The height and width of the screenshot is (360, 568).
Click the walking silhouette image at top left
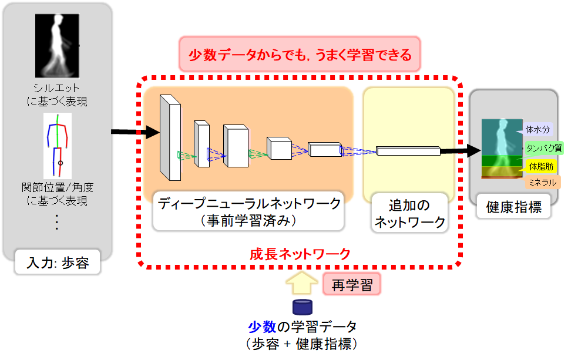(x=56, y=45)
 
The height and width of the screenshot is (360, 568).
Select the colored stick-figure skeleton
(x=56, y=146)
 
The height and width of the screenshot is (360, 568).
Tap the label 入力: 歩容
(x=58, y=263)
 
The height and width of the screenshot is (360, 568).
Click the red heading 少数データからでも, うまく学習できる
(x=300, y=55)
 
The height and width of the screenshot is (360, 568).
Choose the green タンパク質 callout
(x=544, y=148)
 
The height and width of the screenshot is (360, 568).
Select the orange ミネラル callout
(x=542, y=183)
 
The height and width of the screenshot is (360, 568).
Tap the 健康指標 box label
(x=514, y=207)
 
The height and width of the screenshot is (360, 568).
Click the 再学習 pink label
(x=352, y=285)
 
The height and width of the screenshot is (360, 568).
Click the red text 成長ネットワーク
(x=300, y=254)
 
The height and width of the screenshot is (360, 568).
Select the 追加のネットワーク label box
(x=409, y=214)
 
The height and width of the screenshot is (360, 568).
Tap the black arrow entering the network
(x=135, y=133)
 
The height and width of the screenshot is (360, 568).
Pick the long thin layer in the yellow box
(x=408, y=151)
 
